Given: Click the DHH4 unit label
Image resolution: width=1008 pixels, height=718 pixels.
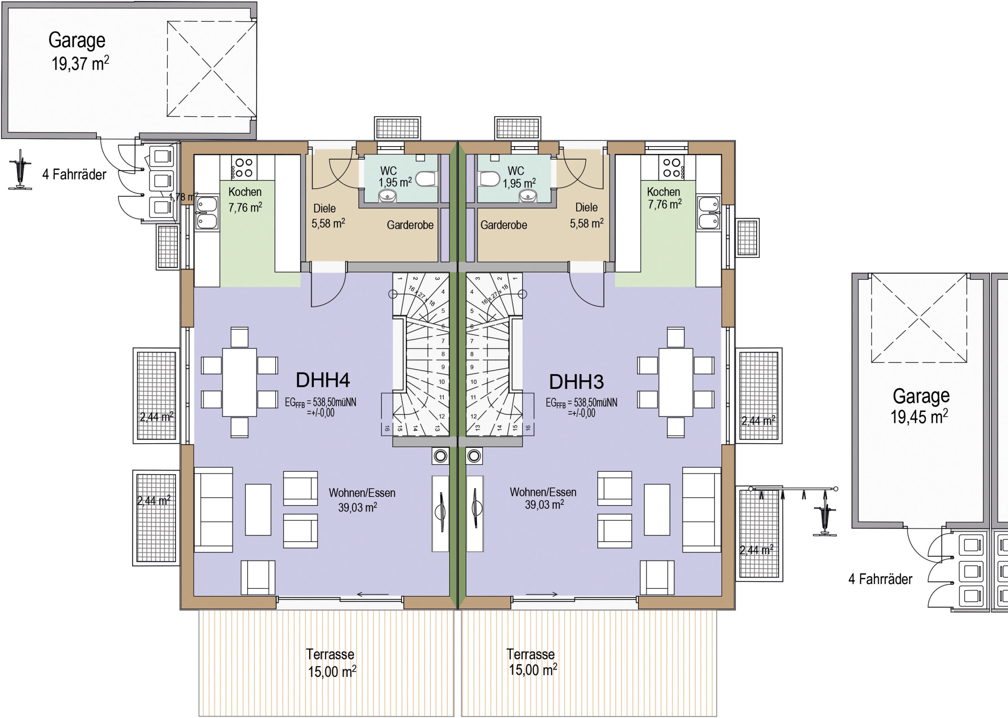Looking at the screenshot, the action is [322, 380].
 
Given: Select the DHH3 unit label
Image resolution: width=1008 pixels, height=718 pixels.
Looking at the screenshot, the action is [576, 382].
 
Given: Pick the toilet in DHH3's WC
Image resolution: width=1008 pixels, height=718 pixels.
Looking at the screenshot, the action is [489, 179].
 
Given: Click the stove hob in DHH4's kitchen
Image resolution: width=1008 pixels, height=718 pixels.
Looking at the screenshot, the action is [242, 167].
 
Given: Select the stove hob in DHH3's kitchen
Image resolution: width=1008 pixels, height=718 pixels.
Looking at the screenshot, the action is [671, 167].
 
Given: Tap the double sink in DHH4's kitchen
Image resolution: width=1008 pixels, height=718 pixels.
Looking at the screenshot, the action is [206, 213].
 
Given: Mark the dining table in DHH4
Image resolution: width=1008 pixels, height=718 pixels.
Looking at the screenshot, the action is [239, 382].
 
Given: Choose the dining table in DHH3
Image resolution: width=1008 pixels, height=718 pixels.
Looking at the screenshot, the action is [675, 382].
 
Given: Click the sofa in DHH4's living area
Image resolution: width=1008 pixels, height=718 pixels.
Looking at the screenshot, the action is [213, 510].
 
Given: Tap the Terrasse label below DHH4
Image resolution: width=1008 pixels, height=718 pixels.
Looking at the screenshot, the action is [330, 654].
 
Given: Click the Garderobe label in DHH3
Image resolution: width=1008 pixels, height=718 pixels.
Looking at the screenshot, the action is [504, 225].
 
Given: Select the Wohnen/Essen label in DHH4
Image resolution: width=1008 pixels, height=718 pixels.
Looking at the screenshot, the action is [362, 493].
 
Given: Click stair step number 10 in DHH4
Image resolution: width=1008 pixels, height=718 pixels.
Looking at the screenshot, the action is [442, 382].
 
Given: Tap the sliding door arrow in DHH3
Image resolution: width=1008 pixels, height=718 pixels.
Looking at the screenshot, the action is [541, 594].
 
